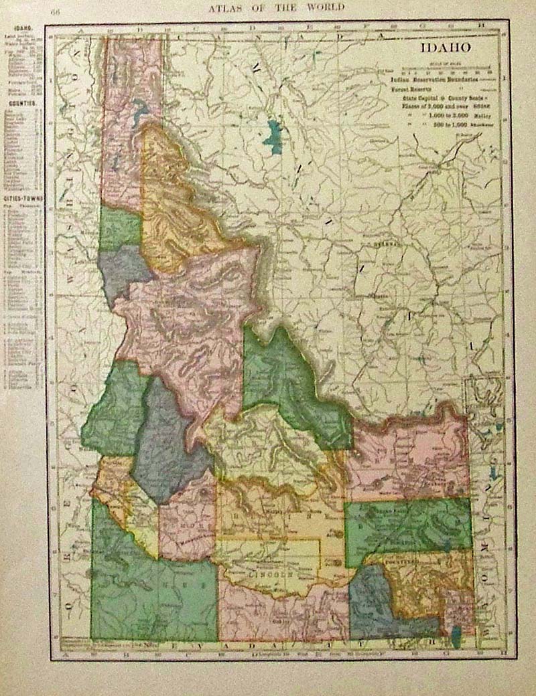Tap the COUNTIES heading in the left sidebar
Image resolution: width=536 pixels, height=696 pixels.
click(x=22, y=105)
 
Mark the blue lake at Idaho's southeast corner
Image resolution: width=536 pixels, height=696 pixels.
click(x=456, y=637)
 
